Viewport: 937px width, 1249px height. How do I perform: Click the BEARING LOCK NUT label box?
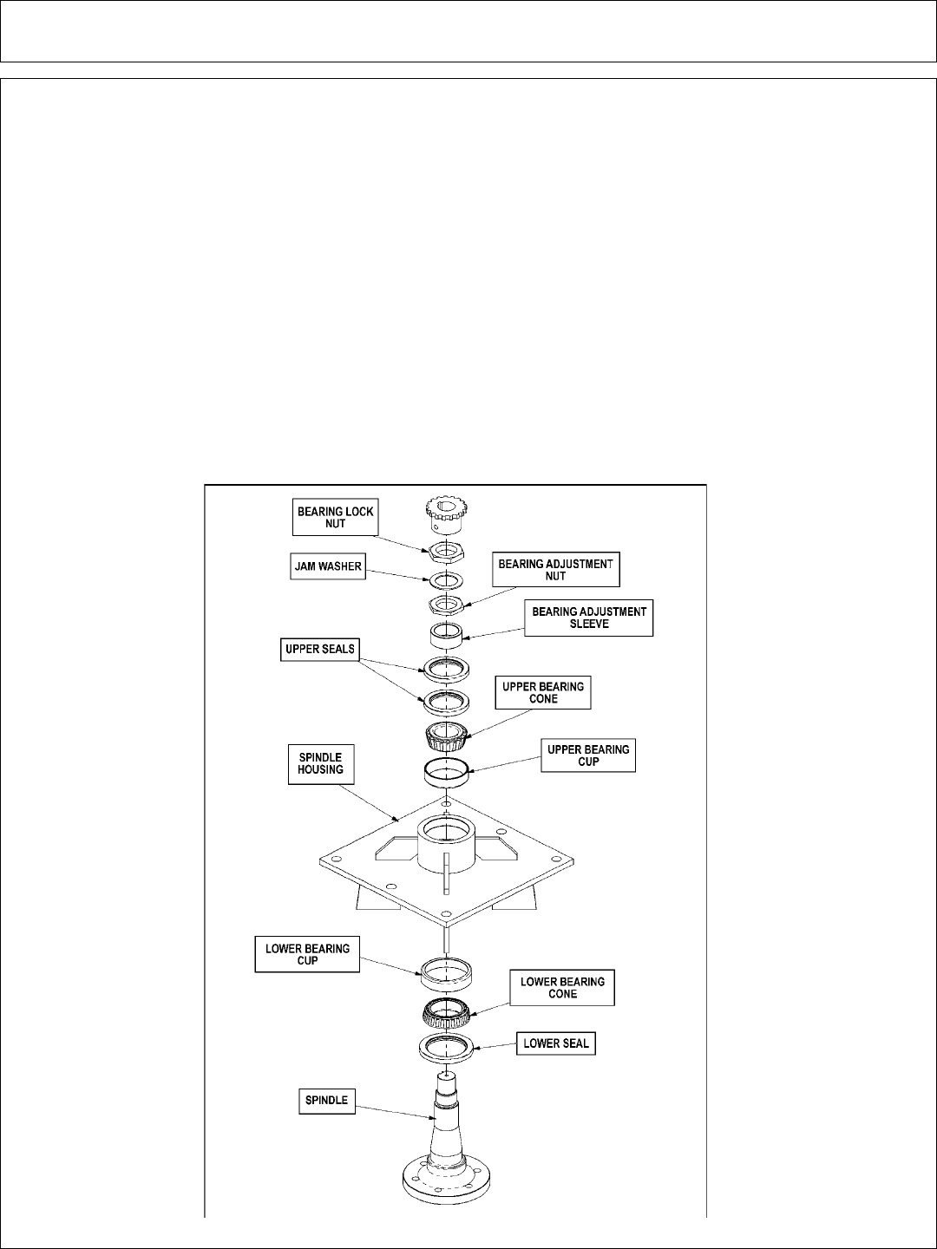pyautogui.click(x=336, y=518)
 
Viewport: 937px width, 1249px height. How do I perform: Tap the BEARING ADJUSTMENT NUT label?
pyautogui.click(x=556, y=570)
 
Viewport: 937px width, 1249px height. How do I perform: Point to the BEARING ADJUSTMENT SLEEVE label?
pyautogui.click(x=589, y=618)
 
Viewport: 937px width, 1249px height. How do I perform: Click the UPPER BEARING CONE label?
pyautogui.click(x=543, y=693)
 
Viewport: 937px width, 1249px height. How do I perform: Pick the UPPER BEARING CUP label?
pyautogui.click(x=588, y=755)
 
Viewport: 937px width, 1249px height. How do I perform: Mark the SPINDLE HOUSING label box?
pyautogui.click(x=321, y=763)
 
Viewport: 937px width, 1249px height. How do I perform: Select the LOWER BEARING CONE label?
pyautogui.click(x=562, y=988)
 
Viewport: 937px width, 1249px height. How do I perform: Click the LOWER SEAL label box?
pyautogui.click(x=556, y=1043)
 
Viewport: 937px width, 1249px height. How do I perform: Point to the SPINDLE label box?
pyautogui.click(x=326, y=1101)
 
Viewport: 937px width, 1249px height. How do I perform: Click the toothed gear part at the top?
pyautogui.click(x=446, y=515)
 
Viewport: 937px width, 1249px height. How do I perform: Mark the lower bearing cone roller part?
pyautogui.click(x=445, y=1010)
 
